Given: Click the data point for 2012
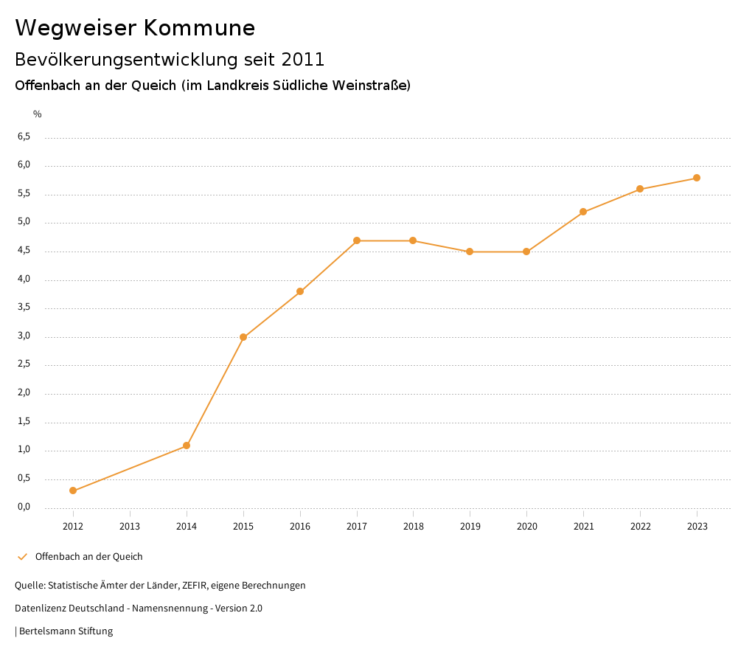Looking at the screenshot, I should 73,491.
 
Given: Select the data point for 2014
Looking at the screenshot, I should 187,446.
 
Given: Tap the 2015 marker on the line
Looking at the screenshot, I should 243,337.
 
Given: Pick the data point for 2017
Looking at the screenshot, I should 357,240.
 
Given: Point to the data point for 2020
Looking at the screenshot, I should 526,252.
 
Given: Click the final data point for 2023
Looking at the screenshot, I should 697,178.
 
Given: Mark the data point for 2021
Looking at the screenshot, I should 583,212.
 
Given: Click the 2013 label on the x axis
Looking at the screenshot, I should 130,526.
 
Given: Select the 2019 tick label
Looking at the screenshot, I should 470,526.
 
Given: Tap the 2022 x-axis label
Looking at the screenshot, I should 640,526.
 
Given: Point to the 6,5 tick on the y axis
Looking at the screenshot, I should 24,136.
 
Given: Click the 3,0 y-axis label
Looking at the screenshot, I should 24,336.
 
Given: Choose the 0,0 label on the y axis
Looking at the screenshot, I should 24,507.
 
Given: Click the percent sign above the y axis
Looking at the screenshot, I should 38,114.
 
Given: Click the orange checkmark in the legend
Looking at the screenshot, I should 22,557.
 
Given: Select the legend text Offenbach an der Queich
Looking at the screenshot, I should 88,557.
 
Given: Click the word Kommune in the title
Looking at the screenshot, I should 199,28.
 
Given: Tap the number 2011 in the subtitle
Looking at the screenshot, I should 303,59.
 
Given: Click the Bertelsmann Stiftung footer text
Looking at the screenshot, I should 66,631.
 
